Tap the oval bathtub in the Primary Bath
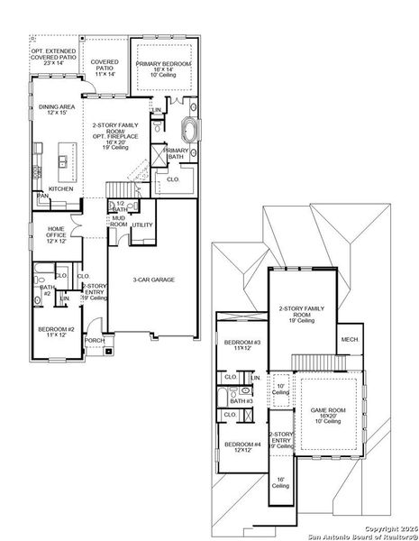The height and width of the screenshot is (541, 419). click(x=190, y=126)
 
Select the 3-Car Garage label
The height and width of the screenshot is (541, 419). click(x=154, y=280)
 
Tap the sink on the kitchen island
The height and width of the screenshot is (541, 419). click(x=64, y=161)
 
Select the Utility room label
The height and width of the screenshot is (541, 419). click(x=142, y=225)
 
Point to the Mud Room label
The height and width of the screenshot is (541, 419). click(x=118, y=222)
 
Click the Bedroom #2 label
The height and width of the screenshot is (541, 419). click(x=55, y=333)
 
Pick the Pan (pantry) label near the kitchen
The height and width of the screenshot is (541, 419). click(x=41, y=195)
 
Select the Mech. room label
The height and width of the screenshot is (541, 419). click(x=348, y=339)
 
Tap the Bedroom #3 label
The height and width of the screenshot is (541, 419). click(x=242, y=344)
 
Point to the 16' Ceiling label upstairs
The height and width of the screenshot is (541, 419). click(x=281, y=482)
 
